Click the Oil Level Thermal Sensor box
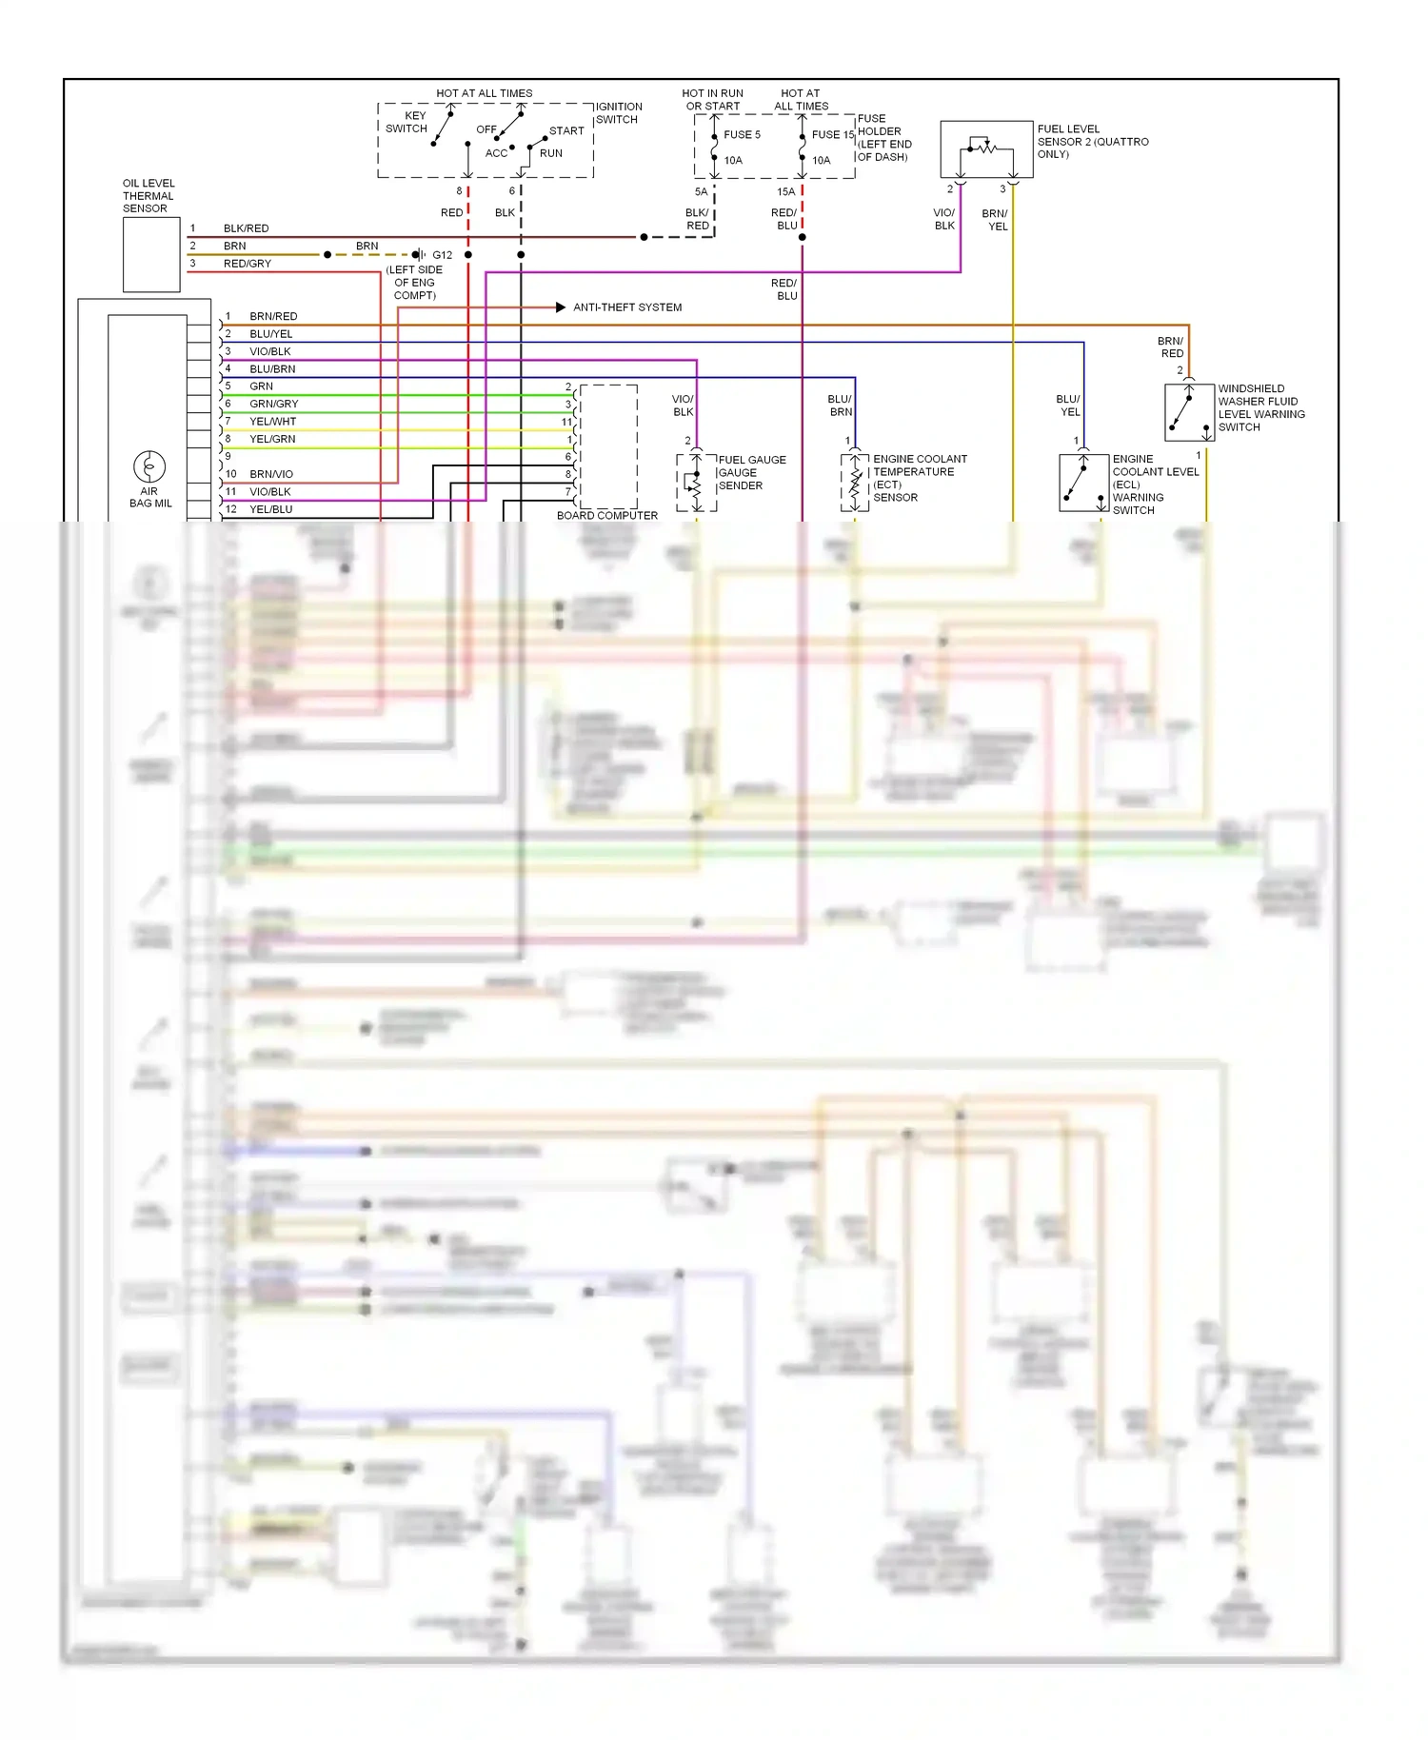151,254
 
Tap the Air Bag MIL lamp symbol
149,466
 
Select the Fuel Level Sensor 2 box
986,148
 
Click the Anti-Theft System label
626,307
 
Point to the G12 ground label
442,255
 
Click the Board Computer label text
606,515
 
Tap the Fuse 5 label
742,135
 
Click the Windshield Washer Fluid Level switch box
1189,412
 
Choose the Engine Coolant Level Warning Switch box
1083,483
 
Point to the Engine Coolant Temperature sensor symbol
855,483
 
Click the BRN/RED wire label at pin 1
273,316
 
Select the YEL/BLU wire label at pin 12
270,509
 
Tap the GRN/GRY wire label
273,404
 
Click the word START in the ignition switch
566,131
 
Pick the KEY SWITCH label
407,122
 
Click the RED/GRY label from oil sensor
247,264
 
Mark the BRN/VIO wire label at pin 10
271,474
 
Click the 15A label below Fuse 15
785,192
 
